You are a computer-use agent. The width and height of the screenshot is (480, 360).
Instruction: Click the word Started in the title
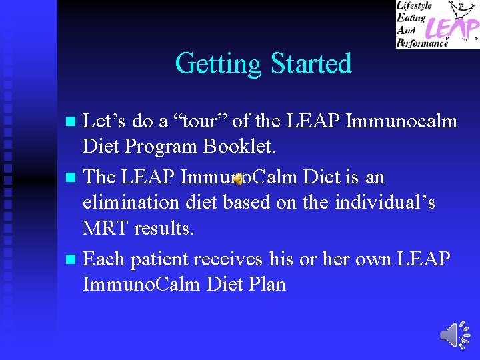coord(311,64)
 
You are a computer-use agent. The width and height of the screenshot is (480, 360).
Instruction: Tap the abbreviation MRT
coord(105,229)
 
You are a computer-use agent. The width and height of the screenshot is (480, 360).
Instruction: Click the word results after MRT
coord(164,229)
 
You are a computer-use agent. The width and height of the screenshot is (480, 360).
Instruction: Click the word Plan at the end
coord(265,285)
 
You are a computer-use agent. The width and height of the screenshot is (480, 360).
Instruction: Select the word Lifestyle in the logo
coord(415,6)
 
